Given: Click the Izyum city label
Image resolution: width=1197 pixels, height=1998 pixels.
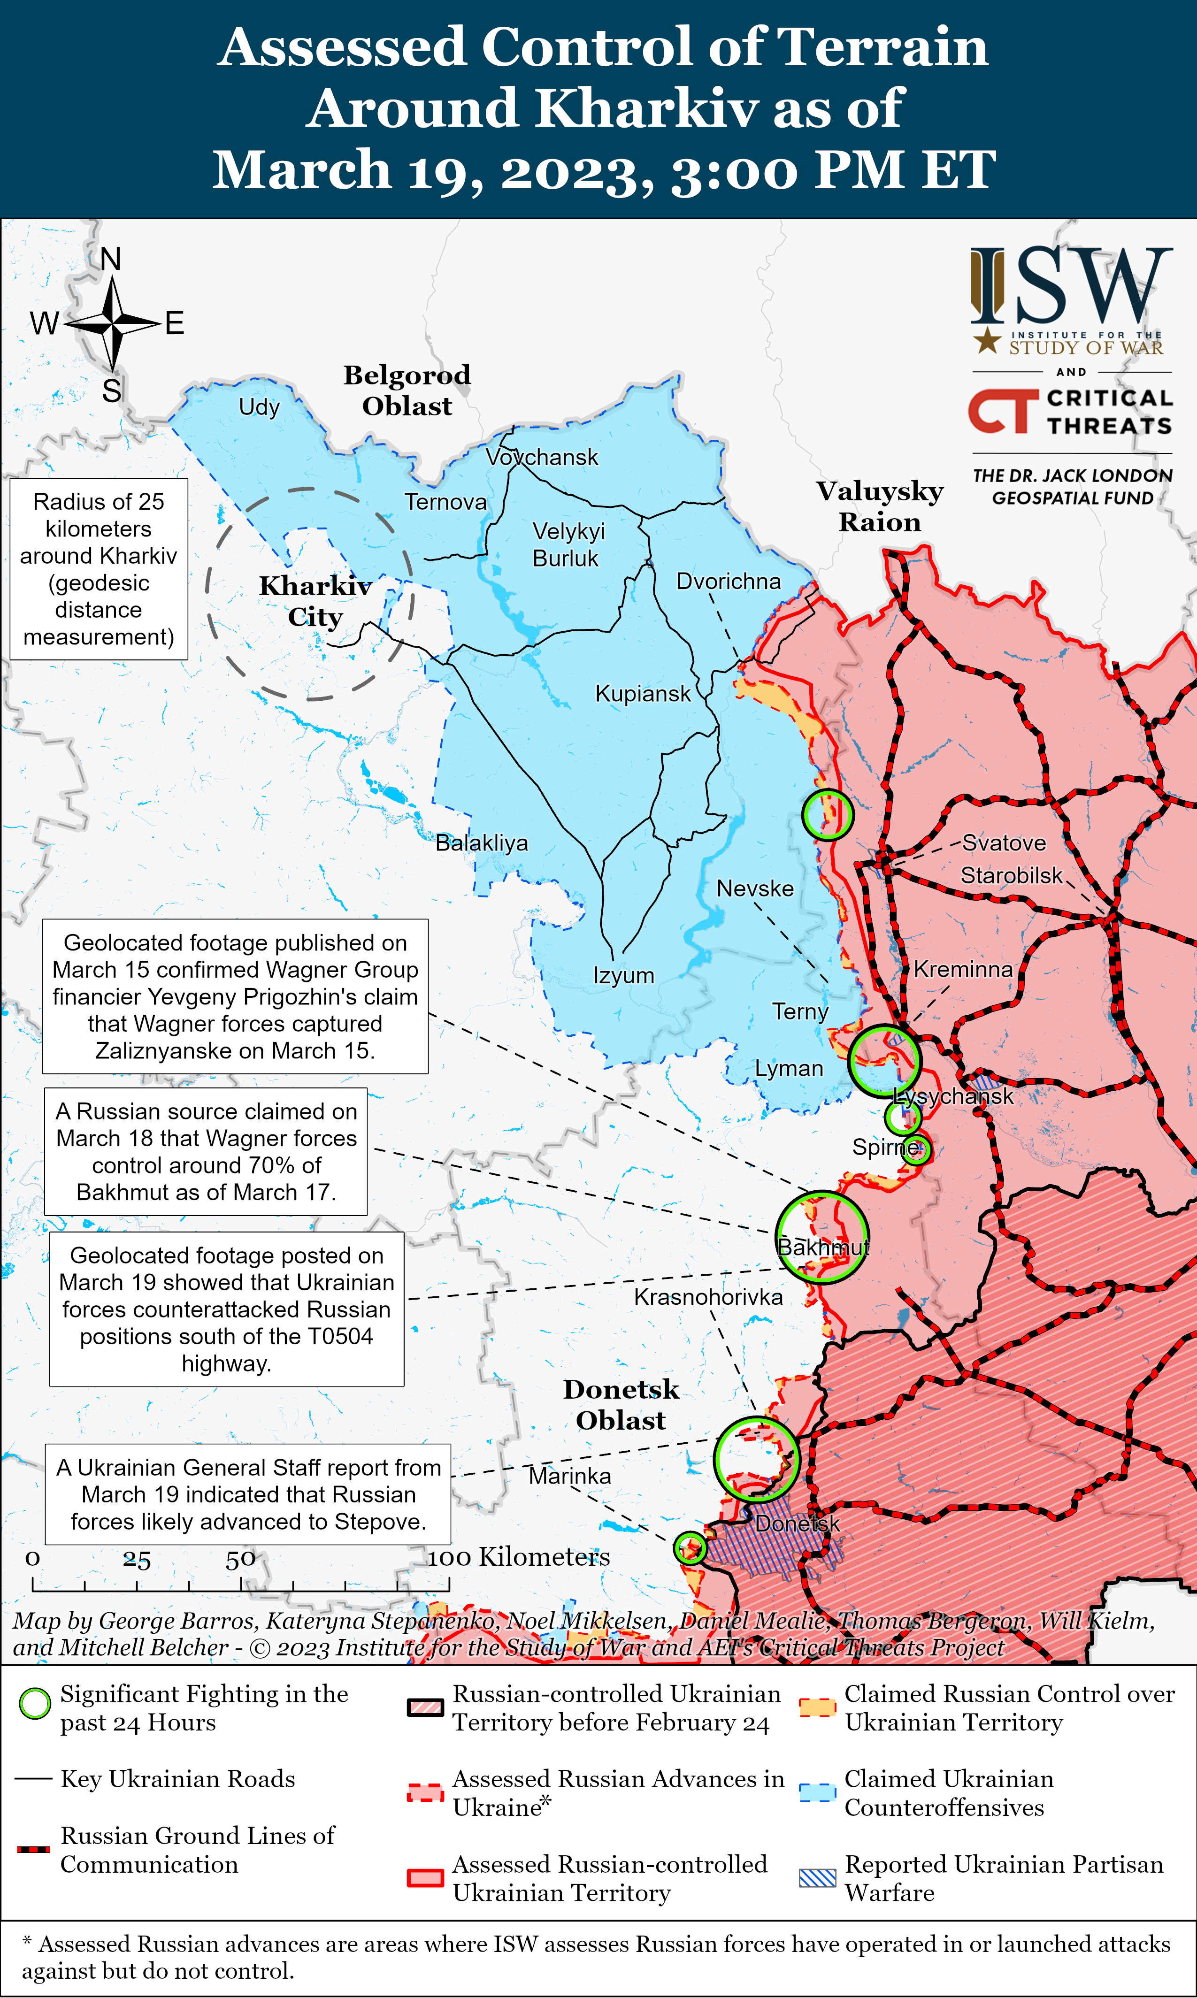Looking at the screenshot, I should coord(623,976).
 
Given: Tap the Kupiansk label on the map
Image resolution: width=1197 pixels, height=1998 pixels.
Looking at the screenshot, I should coord(643,693).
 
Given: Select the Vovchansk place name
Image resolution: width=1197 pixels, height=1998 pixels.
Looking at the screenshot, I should coord(542,457).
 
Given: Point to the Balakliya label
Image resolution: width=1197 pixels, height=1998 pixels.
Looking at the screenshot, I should coord(482,843).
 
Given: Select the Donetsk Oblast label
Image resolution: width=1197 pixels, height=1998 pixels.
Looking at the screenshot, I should coord(621,1405).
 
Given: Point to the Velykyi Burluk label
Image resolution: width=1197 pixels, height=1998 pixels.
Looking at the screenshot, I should coord(568,544).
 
